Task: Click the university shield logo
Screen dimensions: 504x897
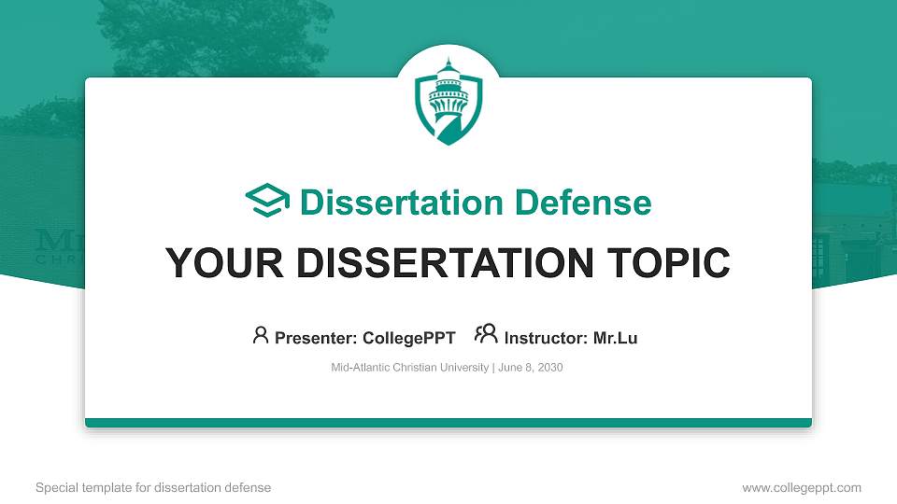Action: tap(448, 101)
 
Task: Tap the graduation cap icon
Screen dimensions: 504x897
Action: tap(267, 202)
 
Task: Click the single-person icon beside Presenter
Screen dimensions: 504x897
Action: tap(261, 336)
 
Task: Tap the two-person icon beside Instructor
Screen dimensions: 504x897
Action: tap(486, 336)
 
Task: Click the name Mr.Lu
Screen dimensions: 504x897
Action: tap(615, 338)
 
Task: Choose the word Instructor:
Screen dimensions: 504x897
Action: tap(546, 338)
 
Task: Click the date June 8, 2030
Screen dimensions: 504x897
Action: tap(531, 368)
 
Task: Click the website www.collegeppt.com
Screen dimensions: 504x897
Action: tap(801, 487)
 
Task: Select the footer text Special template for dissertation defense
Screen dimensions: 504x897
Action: tap(153, 487)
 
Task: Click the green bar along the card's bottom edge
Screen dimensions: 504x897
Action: tap(448, 423)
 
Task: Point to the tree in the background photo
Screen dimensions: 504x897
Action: tap(187, 37)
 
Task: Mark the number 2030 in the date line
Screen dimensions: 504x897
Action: tap(549, 368)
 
